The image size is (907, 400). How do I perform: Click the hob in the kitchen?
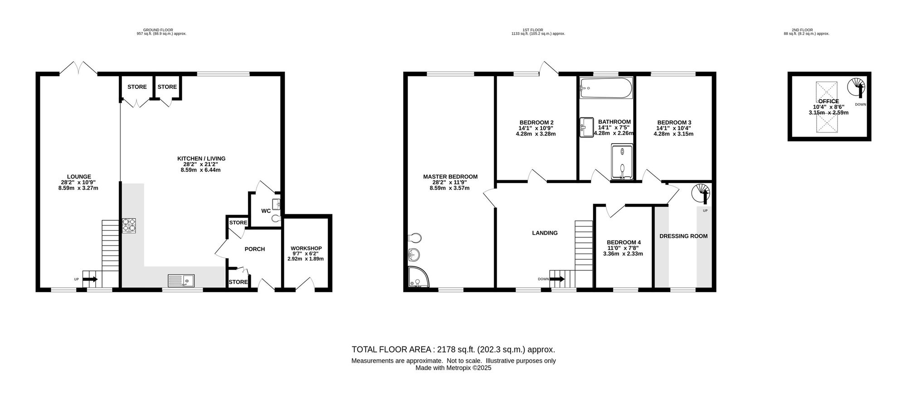coord(129,226)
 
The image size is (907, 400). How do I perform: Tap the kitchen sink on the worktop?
coord(180,281)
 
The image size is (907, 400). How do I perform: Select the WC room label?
coord(266,211)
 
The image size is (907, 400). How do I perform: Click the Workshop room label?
coord(306,248)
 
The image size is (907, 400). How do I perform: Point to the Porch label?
coord(254,249)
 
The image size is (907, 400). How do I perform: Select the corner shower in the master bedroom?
coord(419,277)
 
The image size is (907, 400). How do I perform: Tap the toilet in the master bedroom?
coord(414,238)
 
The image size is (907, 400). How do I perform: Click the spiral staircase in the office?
coord(856,88)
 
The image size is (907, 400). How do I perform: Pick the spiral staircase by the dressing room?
coord(701,193)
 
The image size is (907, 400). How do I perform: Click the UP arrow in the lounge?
coord(90,280)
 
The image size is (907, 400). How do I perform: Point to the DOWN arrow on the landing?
coord(556,279)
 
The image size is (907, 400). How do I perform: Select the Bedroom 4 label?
coord(624,242)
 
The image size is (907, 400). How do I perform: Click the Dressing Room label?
coord(683,236)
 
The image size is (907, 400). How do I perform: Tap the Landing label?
coord(545,233)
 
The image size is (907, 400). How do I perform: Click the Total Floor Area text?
coord(453,350)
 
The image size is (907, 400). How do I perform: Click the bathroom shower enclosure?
coord(623,162)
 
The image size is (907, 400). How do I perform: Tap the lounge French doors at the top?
coord(78,68)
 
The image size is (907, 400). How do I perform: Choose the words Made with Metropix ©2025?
coord(453,368)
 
